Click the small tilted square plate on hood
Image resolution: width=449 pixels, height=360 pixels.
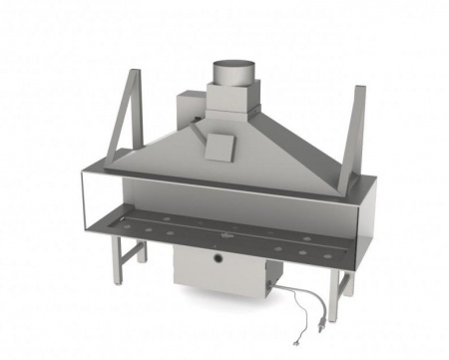click(x=219, y=145)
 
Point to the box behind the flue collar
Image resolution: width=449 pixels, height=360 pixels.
click(x=191, y=112)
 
